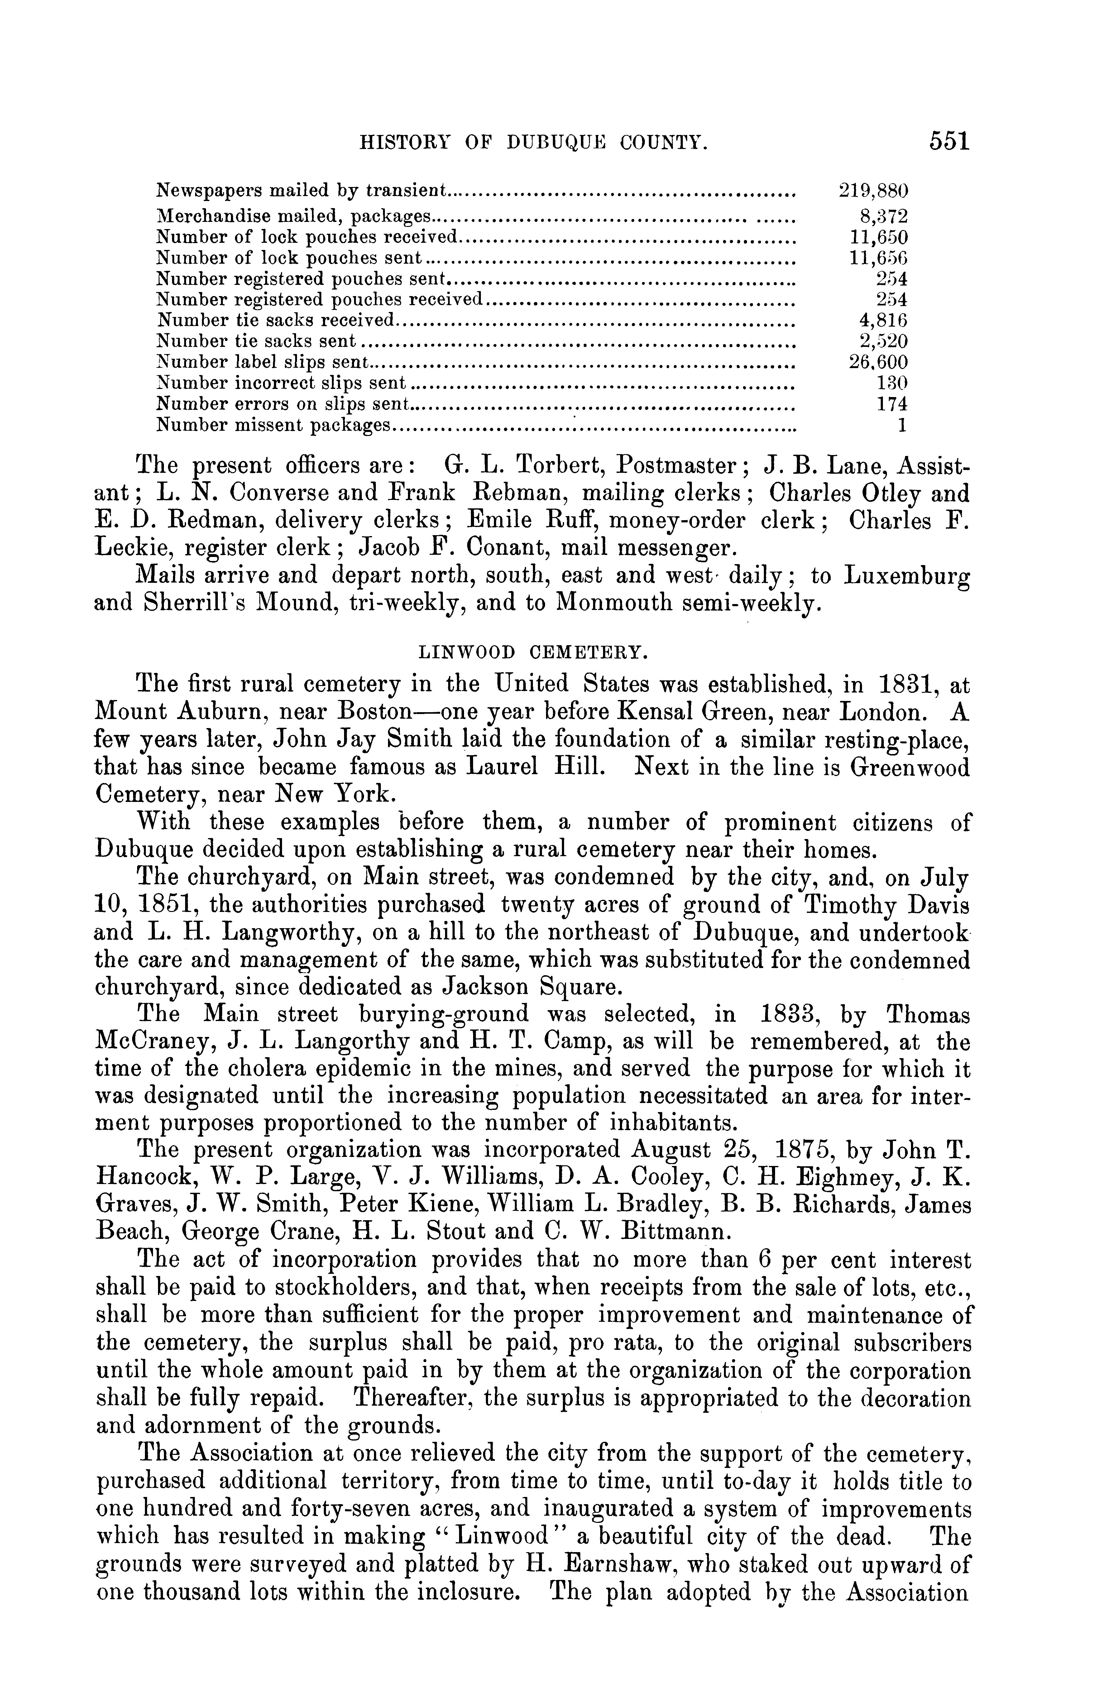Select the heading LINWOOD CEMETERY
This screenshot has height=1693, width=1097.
click(x=532, y=651)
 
